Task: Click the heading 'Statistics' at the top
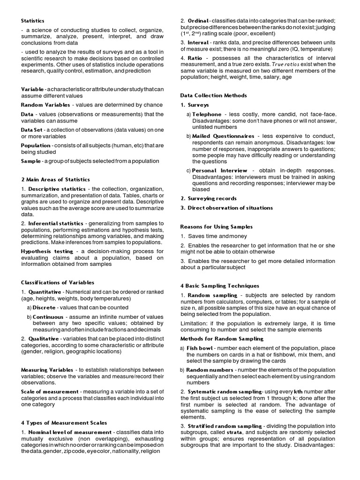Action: click(33, 21)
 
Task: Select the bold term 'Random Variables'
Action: click(45, 105)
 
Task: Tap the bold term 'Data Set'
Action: click(34, 130)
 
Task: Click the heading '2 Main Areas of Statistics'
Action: click(55, 180)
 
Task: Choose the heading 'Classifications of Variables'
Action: click(58, 283)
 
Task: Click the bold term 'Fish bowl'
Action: click(199, 348)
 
